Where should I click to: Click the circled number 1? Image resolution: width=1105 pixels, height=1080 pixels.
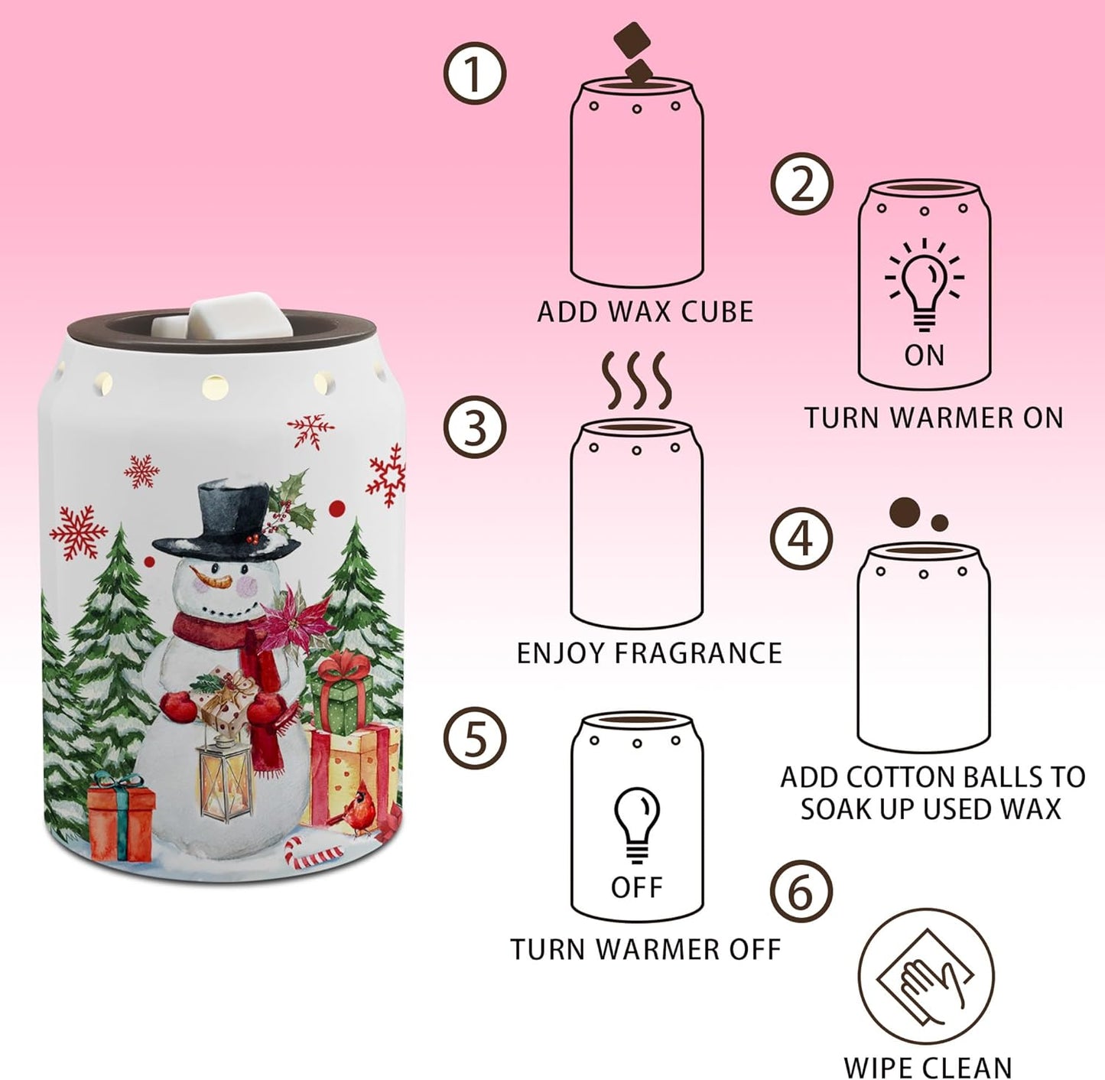pos(475,74)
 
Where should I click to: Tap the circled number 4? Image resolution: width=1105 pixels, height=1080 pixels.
pos(801,538)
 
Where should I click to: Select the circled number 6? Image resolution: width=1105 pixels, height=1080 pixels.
pos(801,892)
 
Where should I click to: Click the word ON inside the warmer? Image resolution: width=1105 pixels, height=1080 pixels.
pos(925,356)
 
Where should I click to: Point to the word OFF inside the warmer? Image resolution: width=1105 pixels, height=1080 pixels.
pos(637,887)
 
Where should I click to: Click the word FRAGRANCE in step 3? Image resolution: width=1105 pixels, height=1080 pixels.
pos(698,653)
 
